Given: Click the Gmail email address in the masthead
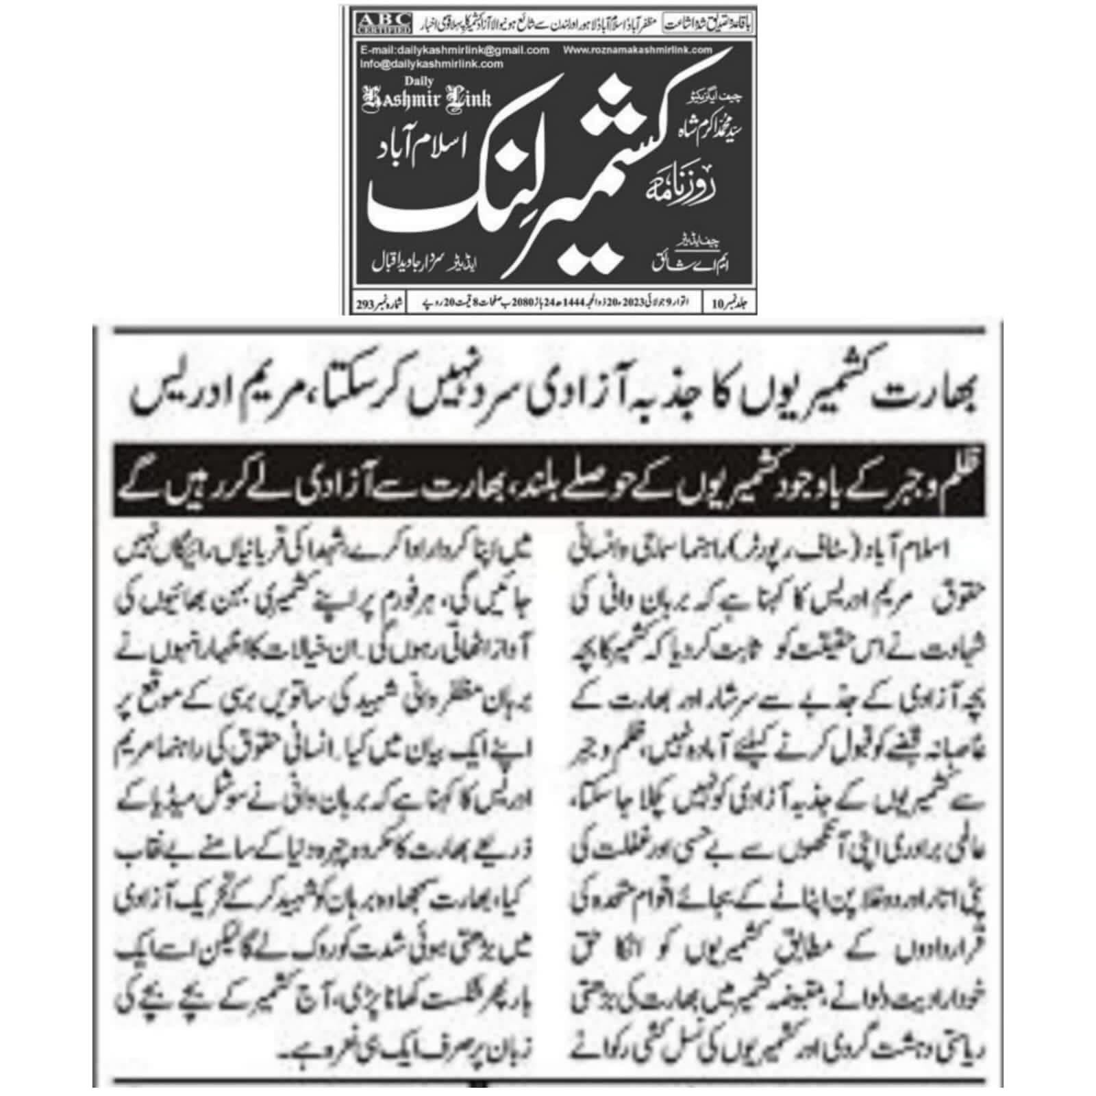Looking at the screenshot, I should (x=454, y=50).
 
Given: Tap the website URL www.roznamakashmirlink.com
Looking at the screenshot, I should (x=637, y=50).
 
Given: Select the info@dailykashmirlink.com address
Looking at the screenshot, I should (x=432, y=64).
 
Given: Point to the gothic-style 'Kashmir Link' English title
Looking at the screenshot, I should (x=427, y=99).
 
